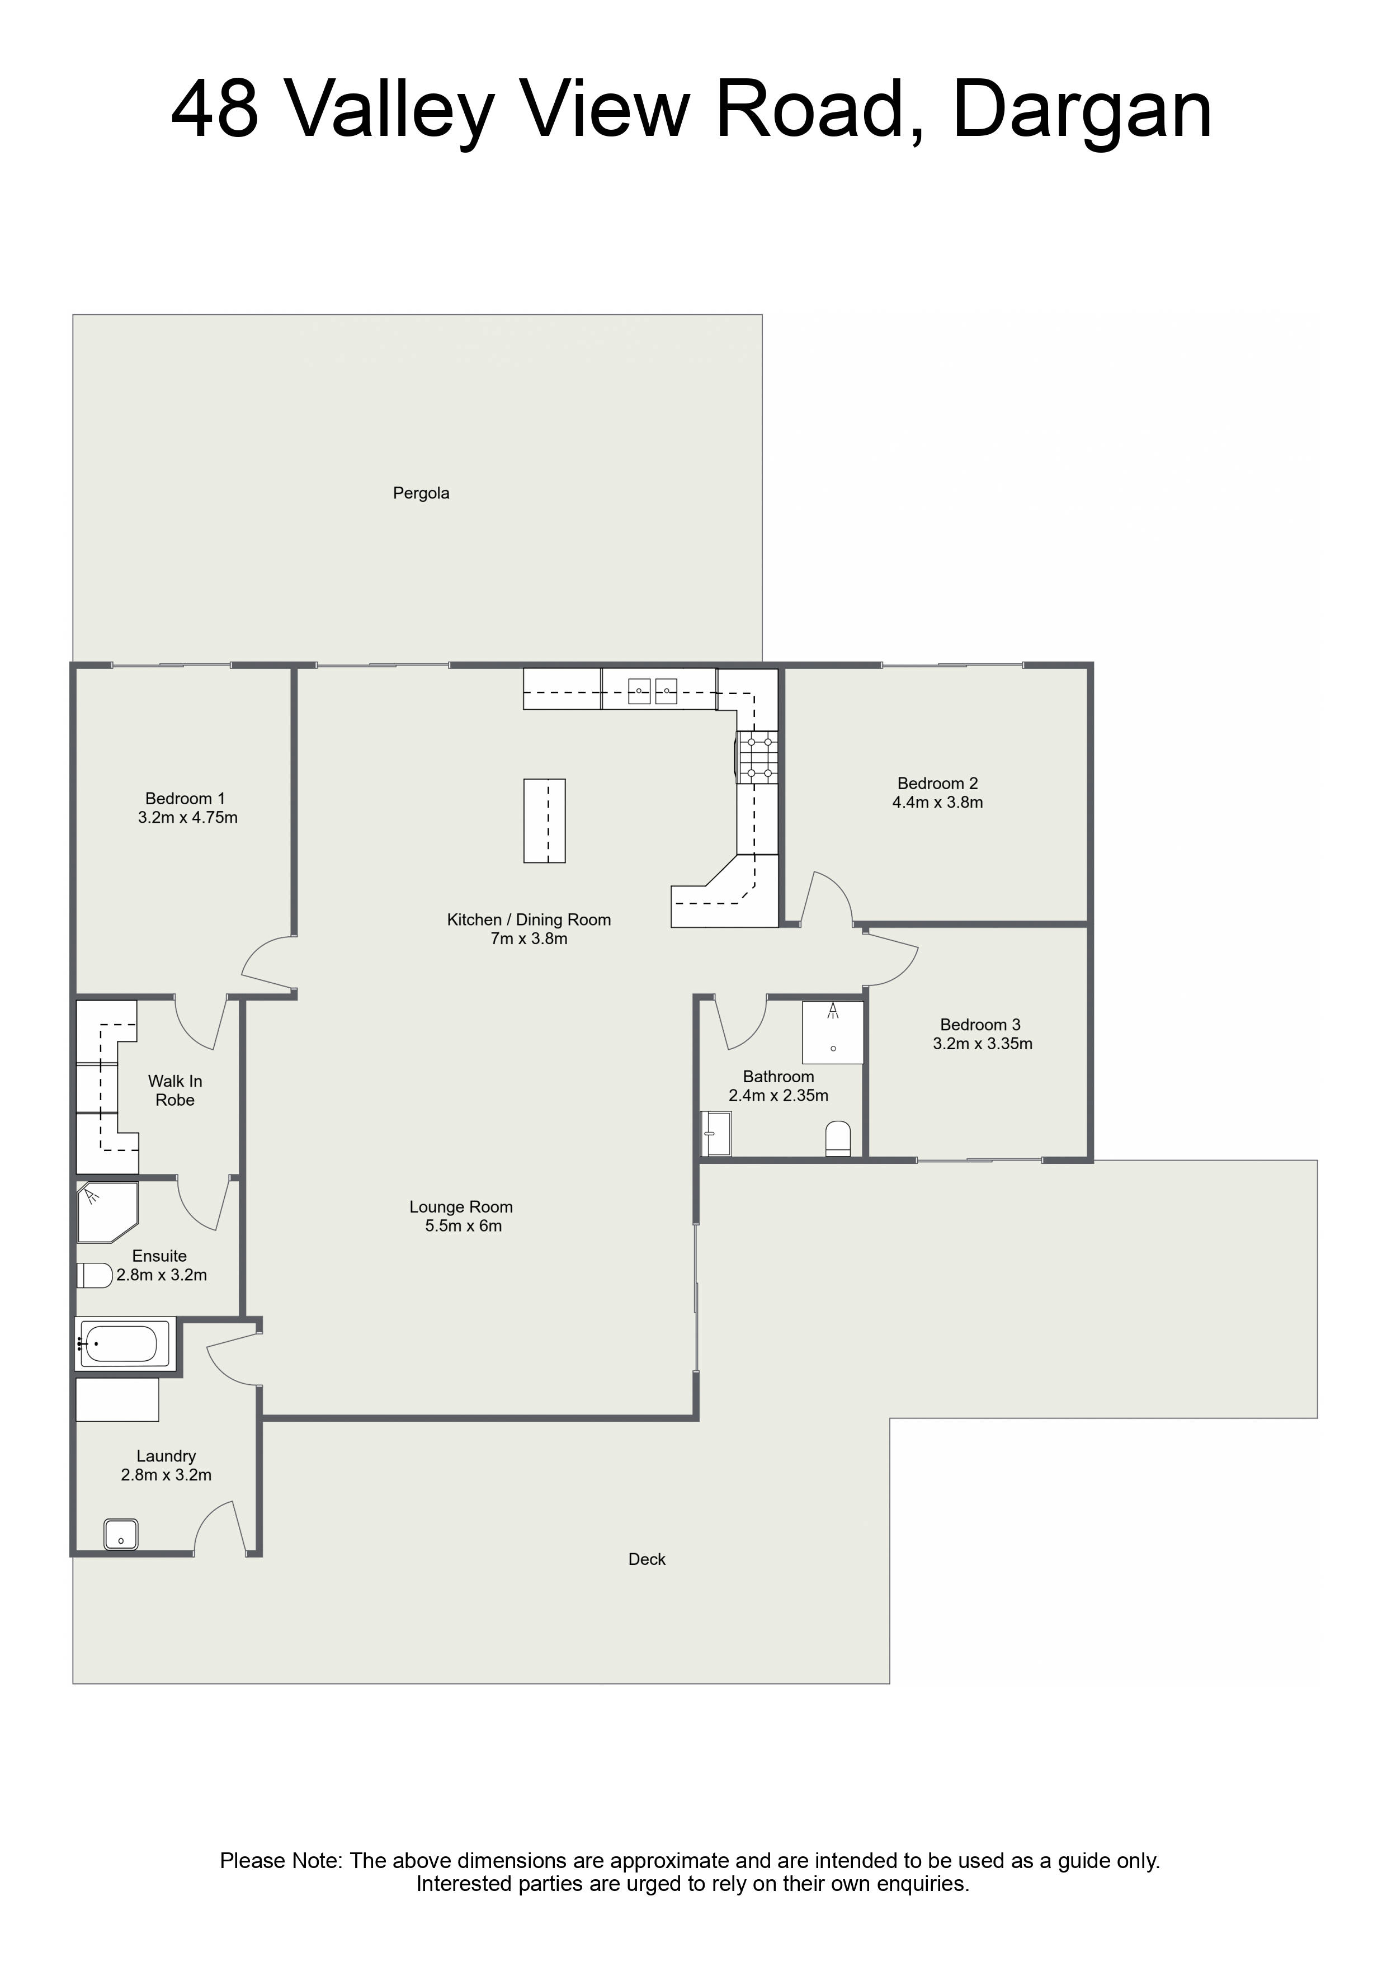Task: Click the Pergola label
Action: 421,493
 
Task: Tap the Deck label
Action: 647,1559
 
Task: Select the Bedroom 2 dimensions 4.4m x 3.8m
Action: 937,803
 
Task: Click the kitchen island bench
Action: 544,820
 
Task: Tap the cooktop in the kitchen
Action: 758,756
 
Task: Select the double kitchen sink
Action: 653,691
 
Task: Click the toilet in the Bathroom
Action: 838,1139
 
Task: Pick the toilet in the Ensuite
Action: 95,1275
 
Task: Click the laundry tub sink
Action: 120,1534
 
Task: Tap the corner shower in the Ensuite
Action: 107,1213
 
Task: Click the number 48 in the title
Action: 215,110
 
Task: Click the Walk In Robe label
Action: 175,1091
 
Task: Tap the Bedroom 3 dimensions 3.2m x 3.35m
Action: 983,1044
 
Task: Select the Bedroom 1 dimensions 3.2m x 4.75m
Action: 188,818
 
